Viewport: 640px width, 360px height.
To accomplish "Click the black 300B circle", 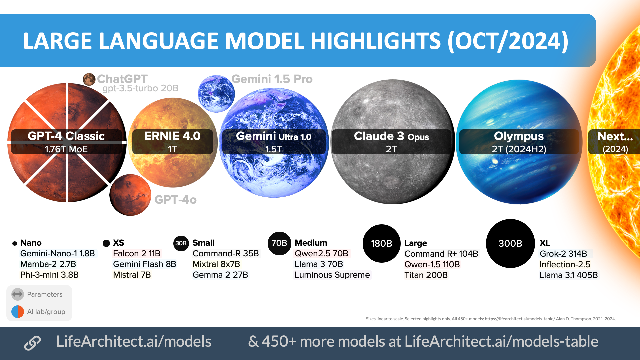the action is point(510,243).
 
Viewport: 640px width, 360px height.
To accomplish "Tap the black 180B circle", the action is point(382,243).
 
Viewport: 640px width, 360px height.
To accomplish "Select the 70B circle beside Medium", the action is point(279,243).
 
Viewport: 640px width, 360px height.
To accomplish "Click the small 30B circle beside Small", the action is point(181,243).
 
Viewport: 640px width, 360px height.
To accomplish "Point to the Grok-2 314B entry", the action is point(563,254).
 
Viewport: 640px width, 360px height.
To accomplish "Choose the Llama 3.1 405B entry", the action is point(569,275).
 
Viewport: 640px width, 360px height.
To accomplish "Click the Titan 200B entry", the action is point(426,275).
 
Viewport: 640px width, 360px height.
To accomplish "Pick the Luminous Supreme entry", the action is point(332,275).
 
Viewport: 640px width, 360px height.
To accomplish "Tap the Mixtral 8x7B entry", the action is point(216,264).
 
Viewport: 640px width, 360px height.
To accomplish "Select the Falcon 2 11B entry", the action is point(137,253).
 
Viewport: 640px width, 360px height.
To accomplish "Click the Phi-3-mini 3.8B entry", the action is point(49,275).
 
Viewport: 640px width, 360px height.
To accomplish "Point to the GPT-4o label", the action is point(175,200).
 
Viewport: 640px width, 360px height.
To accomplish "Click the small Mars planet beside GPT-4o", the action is point(130,195).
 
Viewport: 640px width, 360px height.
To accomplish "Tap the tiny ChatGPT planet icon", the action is point(89,79).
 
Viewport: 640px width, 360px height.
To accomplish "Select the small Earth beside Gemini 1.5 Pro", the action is point(216,94).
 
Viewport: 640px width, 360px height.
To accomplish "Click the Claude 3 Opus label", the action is point(391,136).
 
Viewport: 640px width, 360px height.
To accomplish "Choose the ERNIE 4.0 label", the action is point(172,136).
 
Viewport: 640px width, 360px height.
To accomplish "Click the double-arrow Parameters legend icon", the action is point(18,294).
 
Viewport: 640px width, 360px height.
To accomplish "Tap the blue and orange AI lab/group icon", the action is point(18,312).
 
